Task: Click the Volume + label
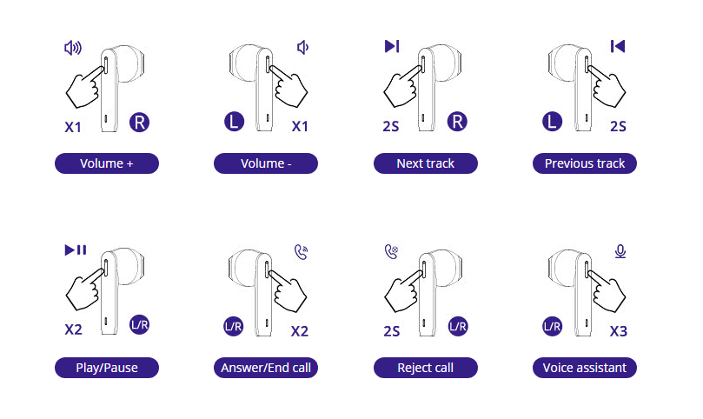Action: pos(107,163)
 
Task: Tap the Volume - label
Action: pos(266,163)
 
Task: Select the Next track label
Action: pos(426,163)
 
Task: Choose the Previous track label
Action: pos(585,163)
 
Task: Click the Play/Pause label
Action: pos(107,368)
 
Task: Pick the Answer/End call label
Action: pos(266,368)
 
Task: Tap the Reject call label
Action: pos(426,368)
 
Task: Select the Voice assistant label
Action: pos(585,368)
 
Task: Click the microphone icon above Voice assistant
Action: pos(620,251)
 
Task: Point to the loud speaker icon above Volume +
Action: pos(73,48)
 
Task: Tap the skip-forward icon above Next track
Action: pos(392,46)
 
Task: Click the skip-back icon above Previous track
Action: pos(618,46)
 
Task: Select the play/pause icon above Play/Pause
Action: pos(76,249)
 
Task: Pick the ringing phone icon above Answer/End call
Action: pos(302,252)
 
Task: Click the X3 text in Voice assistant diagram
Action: pos(619,331)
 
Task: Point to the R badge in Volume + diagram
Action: pos(139,123)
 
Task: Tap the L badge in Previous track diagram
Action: pos(553,122)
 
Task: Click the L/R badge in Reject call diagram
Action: pos(458,326)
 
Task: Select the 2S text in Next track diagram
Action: pos(391,127)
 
